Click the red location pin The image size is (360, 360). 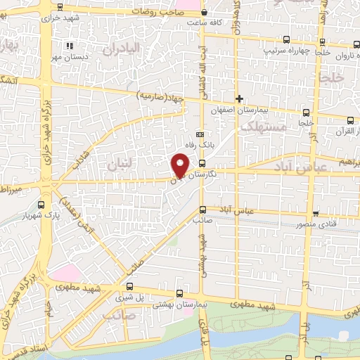[180, 165]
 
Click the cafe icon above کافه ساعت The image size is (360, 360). [204, 13]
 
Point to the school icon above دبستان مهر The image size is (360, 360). [69, 46]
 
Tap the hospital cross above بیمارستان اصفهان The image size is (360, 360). [240, 98]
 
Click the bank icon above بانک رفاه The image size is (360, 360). [200, 134]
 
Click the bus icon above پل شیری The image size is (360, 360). [129, 286]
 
